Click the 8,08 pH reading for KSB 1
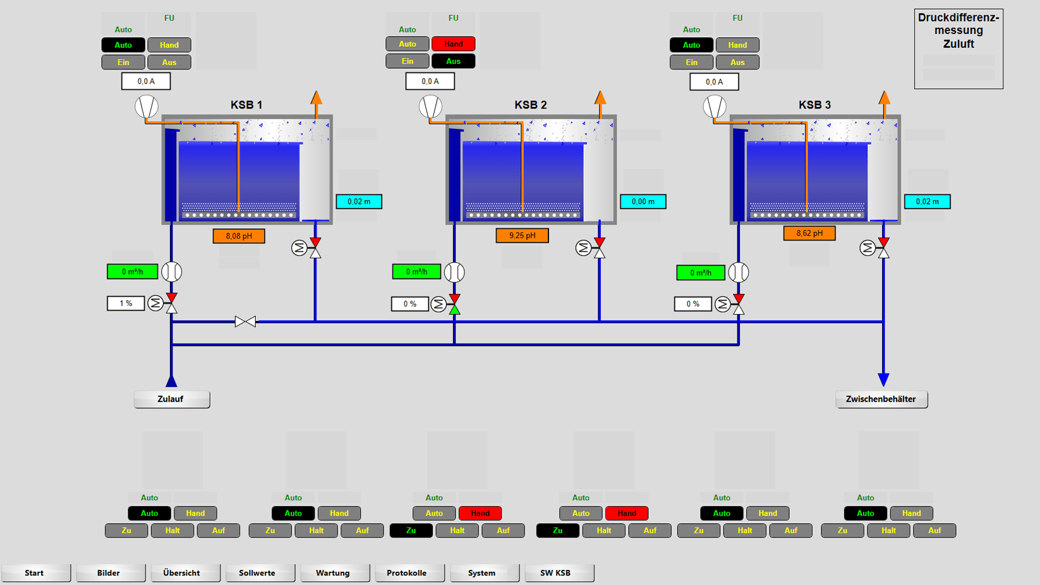[239, 236]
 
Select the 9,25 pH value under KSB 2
[522, 236]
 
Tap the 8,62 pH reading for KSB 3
[809, 233]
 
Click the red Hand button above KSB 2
[453, 44]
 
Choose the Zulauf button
[171, 399]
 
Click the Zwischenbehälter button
[881, 399]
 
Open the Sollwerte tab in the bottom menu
[257, 573]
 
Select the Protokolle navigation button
[406, 573]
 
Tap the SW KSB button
[555, 573]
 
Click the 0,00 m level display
[643, 202]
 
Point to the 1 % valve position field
[126, 304]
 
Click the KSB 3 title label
[814, 105]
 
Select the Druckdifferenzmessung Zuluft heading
[958, 31]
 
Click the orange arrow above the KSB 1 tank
[317, 98]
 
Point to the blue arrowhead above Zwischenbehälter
[883, 380]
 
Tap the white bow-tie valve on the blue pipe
[245, 322]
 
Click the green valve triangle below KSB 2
[454, 309]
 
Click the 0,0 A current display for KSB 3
[714, 81]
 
